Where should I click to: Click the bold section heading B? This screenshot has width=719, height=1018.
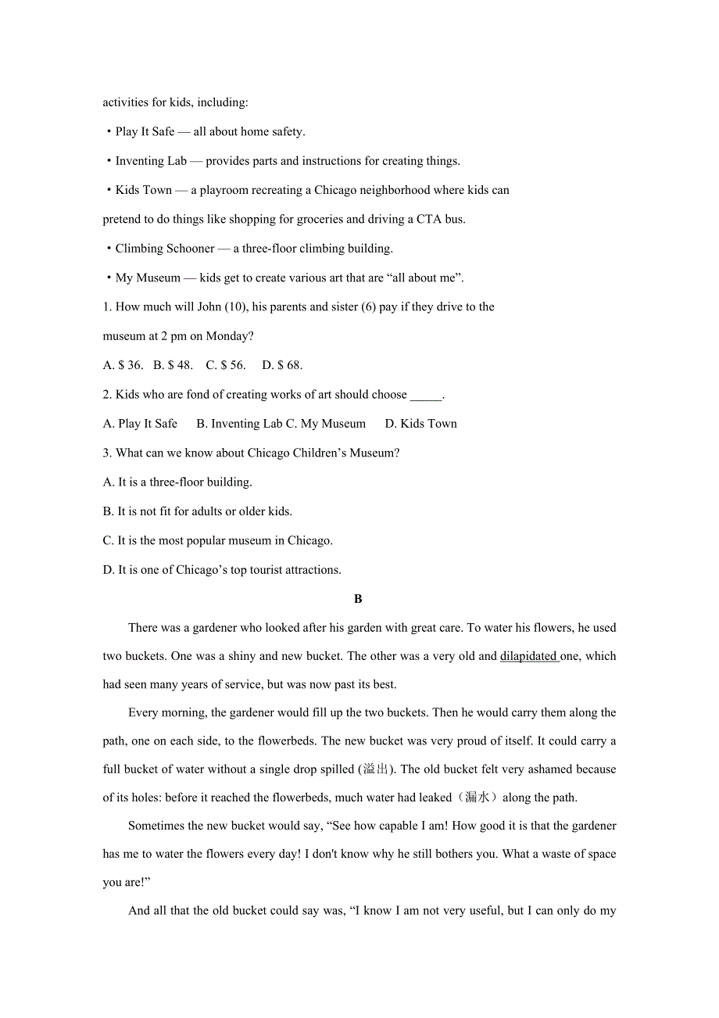(358, 599)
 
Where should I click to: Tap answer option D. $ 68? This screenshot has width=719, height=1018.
(282, 365)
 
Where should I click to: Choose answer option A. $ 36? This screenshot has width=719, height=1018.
(123, 365)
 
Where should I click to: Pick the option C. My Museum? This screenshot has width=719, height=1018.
(326, 424)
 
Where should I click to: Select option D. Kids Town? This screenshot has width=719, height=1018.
(420, 424)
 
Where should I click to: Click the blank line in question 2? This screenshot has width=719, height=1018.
(426, 395)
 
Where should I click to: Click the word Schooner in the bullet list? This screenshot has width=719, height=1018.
(188, 249)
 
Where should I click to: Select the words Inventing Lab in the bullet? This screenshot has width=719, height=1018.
(151, 161)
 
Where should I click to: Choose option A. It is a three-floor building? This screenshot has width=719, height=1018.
(177, 482)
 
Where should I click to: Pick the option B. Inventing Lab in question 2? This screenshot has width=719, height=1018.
(239, 424)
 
